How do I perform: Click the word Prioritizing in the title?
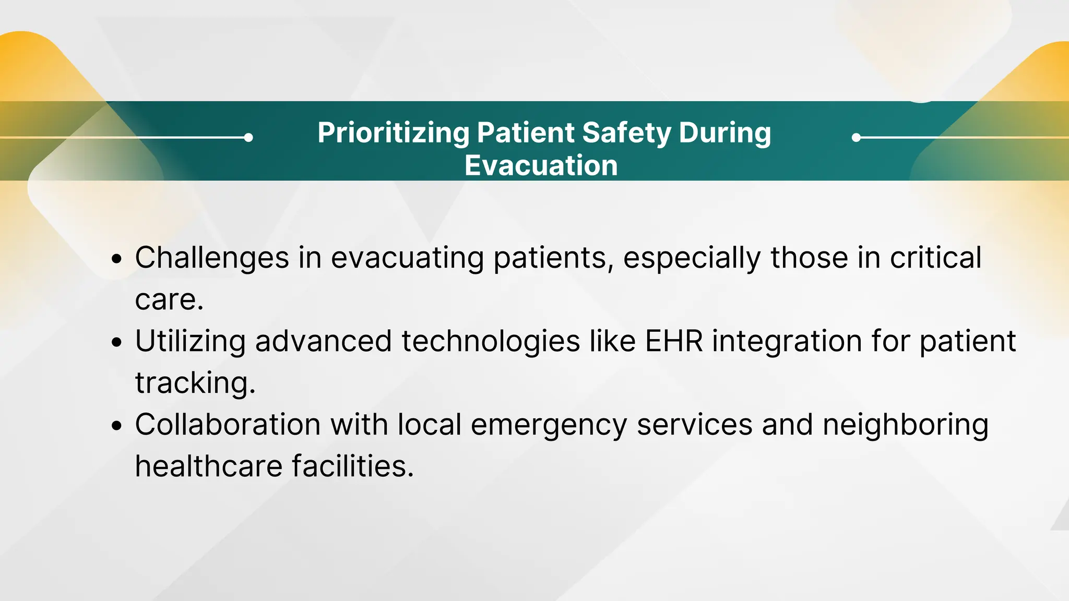pos(394,134)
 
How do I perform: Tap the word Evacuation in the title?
pos(541,166)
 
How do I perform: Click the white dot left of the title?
pos(248,138)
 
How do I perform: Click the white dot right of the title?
pos(856,138)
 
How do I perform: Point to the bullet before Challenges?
pos(117,259)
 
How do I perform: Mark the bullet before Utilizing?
pos(117,342)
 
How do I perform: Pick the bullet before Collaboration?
pos(117,426)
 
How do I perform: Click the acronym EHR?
pos(674,341)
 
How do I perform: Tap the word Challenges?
pos(212,258)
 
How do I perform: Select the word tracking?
pos(194,383)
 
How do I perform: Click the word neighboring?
pos(905,425)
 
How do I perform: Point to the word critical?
pos(935,258)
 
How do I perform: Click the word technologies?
pos(491,342)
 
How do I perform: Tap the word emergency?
pos(549,425)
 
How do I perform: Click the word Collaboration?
pos(228,425)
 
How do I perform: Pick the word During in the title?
pos(724,133)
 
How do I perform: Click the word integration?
pos(787,342)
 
